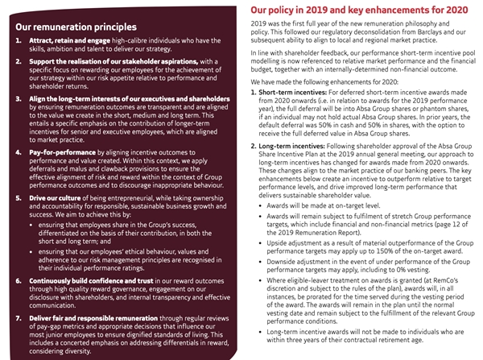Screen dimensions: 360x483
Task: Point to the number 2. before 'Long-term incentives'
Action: pyautogui.click(x=256, y=168)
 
